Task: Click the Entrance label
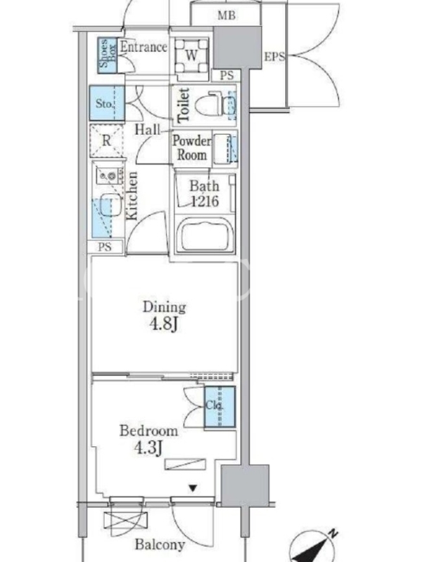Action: [143, 47]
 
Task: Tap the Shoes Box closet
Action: [108, 55]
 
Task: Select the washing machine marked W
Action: [191, 55]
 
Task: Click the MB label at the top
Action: [226, 15]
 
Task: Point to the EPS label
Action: [274, 57]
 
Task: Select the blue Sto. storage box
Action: [107, 103]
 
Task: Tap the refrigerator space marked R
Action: [107, 140]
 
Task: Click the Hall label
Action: [148, 129]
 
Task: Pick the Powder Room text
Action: [192, 148]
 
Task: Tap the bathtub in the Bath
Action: [205, 235]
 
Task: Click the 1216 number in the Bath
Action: [205, 201]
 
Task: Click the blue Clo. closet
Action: [219, 407]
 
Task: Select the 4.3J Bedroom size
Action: [149, 447]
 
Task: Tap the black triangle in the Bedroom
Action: [193, 488]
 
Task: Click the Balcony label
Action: [160, 545]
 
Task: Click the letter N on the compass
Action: [333, 534]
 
